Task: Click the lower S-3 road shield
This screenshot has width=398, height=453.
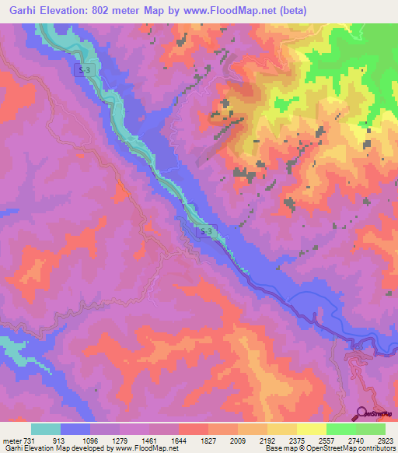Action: pyautogui.click(x=205, y=232)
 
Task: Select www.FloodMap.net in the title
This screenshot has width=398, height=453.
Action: pyautogui.click(x=237, y=10)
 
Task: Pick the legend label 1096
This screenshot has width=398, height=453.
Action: pyautogui.click(x=90, y=439)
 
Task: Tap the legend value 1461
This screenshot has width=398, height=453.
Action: pyautogui.click(x=149, y=439)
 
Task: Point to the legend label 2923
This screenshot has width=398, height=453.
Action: pyautogui.click(x=384, y=439)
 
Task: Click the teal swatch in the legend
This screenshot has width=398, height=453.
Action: pyautogui.click(x=46, y=429)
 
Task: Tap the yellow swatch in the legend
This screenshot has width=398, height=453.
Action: pyautogui.click(x=312, y=429)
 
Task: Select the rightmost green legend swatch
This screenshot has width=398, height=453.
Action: pyautogui.click(x=371, y=429)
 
